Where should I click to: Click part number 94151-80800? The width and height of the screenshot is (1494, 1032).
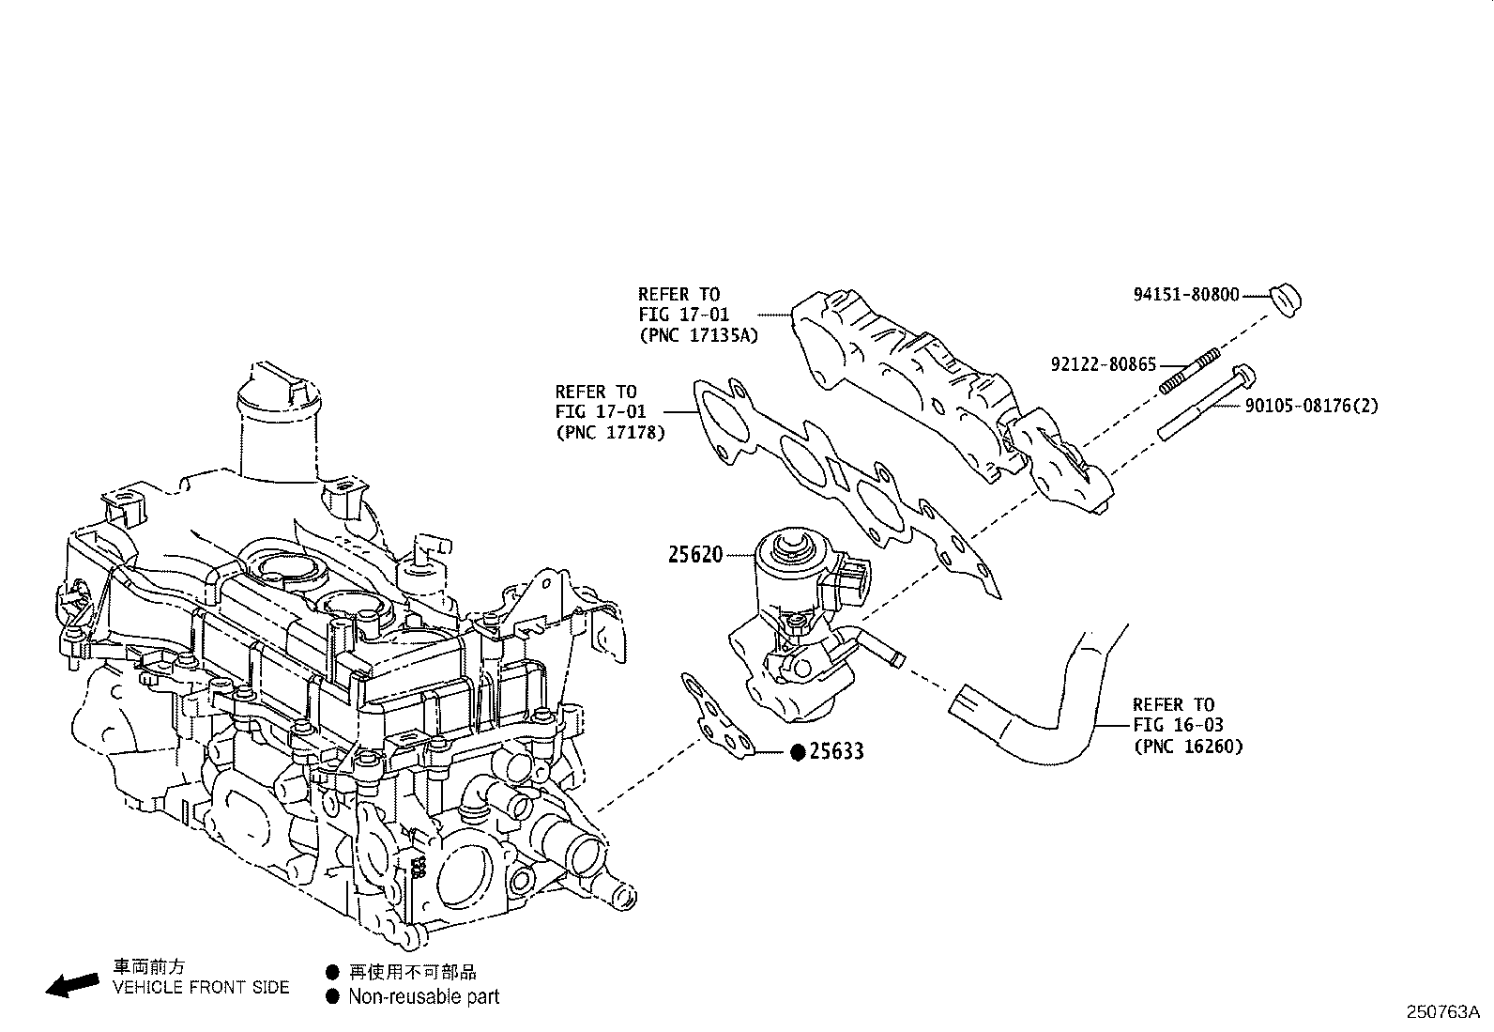tap(1186, 294)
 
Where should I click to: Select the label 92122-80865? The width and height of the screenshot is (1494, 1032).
tap(1103, 364)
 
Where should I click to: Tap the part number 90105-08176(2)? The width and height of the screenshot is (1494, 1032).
tap(1311, 406)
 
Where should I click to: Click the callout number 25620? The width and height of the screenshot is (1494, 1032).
tap(695, 555)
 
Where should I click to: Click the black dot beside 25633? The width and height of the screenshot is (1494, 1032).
tap(797, 752)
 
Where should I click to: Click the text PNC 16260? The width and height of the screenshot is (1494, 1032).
tap(1187, 746)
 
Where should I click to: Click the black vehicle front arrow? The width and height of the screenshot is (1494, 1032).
tap(72, 983)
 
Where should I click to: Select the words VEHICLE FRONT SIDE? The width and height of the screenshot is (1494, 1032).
tap(201, 987)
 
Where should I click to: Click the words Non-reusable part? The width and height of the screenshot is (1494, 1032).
tap(423, 997)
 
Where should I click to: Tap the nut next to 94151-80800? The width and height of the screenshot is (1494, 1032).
tap(1286, 299)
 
